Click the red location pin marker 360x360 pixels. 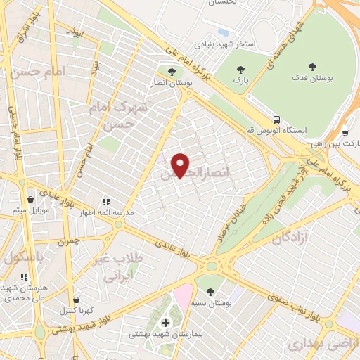click(181, 165)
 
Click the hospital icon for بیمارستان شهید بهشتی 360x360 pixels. click(166, 323)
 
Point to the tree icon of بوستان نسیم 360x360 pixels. click(210, 291)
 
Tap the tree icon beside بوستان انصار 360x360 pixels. click(172, 71)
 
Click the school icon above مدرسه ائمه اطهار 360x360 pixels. click(106, 200)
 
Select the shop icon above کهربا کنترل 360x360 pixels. click(76, 300)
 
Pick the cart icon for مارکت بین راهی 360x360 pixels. click(345, 132)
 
